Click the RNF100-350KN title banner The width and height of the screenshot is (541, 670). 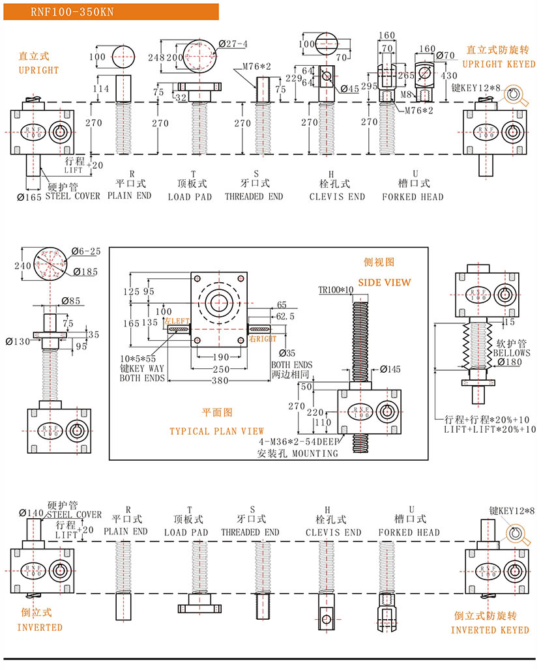(65, 11)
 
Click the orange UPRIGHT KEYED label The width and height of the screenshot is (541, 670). (499, 64)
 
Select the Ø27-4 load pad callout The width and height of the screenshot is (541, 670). (233, 44)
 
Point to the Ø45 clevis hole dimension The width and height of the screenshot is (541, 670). (349, 89)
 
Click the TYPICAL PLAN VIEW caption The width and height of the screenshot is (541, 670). (216, 431)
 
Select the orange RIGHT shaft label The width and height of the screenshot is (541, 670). (263, 339)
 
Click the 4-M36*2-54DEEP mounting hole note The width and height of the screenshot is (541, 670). (299, 441)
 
